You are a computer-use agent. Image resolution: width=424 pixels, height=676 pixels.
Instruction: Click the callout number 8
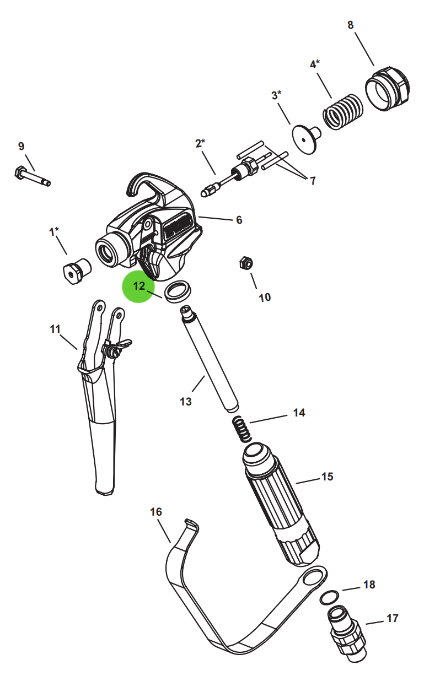(351, 25)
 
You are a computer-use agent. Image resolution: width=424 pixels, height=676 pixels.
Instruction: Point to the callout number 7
(313, 181)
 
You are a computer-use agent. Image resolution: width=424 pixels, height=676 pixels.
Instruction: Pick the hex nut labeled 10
(246, 263)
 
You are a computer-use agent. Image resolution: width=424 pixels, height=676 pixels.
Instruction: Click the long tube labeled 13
(210, 359)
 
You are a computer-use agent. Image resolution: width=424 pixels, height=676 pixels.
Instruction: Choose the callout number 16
(156, 512)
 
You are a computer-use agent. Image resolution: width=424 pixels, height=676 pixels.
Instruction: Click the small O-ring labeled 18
(329, 598)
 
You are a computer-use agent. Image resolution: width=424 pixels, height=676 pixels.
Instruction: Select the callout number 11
(55, 329)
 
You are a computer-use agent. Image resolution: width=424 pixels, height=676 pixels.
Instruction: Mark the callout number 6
(239, 220)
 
